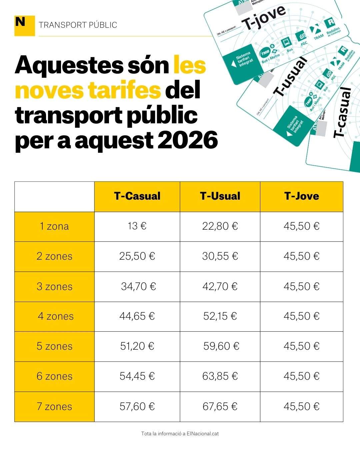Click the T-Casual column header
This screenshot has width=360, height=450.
pos(137,196)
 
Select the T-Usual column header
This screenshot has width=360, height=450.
pos(220,196)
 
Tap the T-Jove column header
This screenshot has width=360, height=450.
pos(301,196)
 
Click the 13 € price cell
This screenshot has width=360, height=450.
pos(137,226)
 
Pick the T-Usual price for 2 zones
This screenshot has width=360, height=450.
pos(220,256)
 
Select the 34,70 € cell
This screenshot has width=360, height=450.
pos(138,286)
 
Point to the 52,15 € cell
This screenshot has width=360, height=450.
pos(220,316)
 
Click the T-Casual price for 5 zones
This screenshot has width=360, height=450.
pos(137,346)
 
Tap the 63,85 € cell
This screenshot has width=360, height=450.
pos(220,376)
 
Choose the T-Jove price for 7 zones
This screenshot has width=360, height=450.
pos(301,406)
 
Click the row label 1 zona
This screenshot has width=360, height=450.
pos(54,226)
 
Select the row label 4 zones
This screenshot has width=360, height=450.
pos(55,316)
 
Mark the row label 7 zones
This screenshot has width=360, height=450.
pos(54,406)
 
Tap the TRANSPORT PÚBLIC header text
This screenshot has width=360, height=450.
pos(78,25)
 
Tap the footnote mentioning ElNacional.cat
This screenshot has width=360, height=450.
pos(180,434)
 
